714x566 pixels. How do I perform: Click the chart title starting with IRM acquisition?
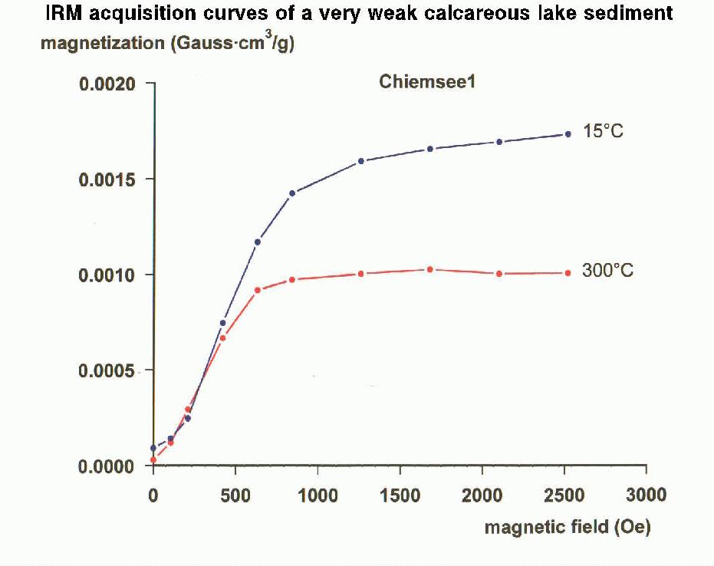[x=359, y=15]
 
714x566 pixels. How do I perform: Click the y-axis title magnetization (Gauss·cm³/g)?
[x=167, y=43]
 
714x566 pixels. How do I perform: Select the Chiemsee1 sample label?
[x=427, y=82]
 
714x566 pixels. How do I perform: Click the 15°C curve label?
[x=603, y=131]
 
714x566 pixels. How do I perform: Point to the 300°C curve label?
[x=607, y=271]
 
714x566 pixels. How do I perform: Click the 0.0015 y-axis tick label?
[x=107, y=179]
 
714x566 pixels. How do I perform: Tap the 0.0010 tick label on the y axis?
[x=107, y=275]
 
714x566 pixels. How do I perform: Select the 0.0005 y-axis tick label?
[x=107, y=370]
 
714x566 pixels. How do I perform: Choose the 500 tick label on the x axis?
[x=235, y=495]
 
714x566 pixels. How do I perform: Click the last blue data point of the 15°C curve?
[x=568, y=134]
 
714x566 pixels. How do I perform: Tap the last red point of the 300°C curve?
[x=568, y=273]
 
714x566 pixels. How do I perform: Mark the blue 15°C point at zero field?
[x=153, y=448]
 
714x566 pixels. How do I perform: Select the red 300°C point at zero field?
[x=153, y=460]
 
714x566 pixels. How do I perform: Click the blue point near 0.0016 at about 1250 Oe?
[x=360, y=161]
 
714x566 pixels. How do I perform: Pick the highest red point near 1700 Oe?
[x=429, y=269]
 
